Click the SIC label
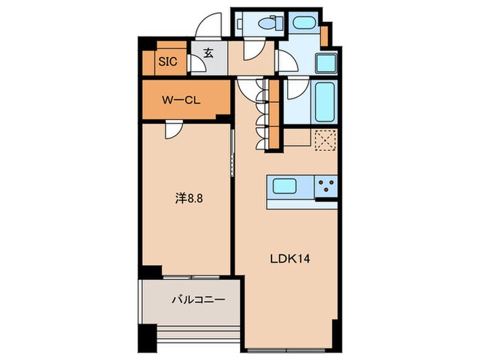click(x=168, y=62)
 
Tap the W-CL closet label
click(x=181, y=100)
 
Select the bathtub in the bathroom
click(x=324, y=101)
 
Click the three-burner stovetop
click(x=326, y=185)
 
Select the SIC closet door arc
click(x=196, y=64)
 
